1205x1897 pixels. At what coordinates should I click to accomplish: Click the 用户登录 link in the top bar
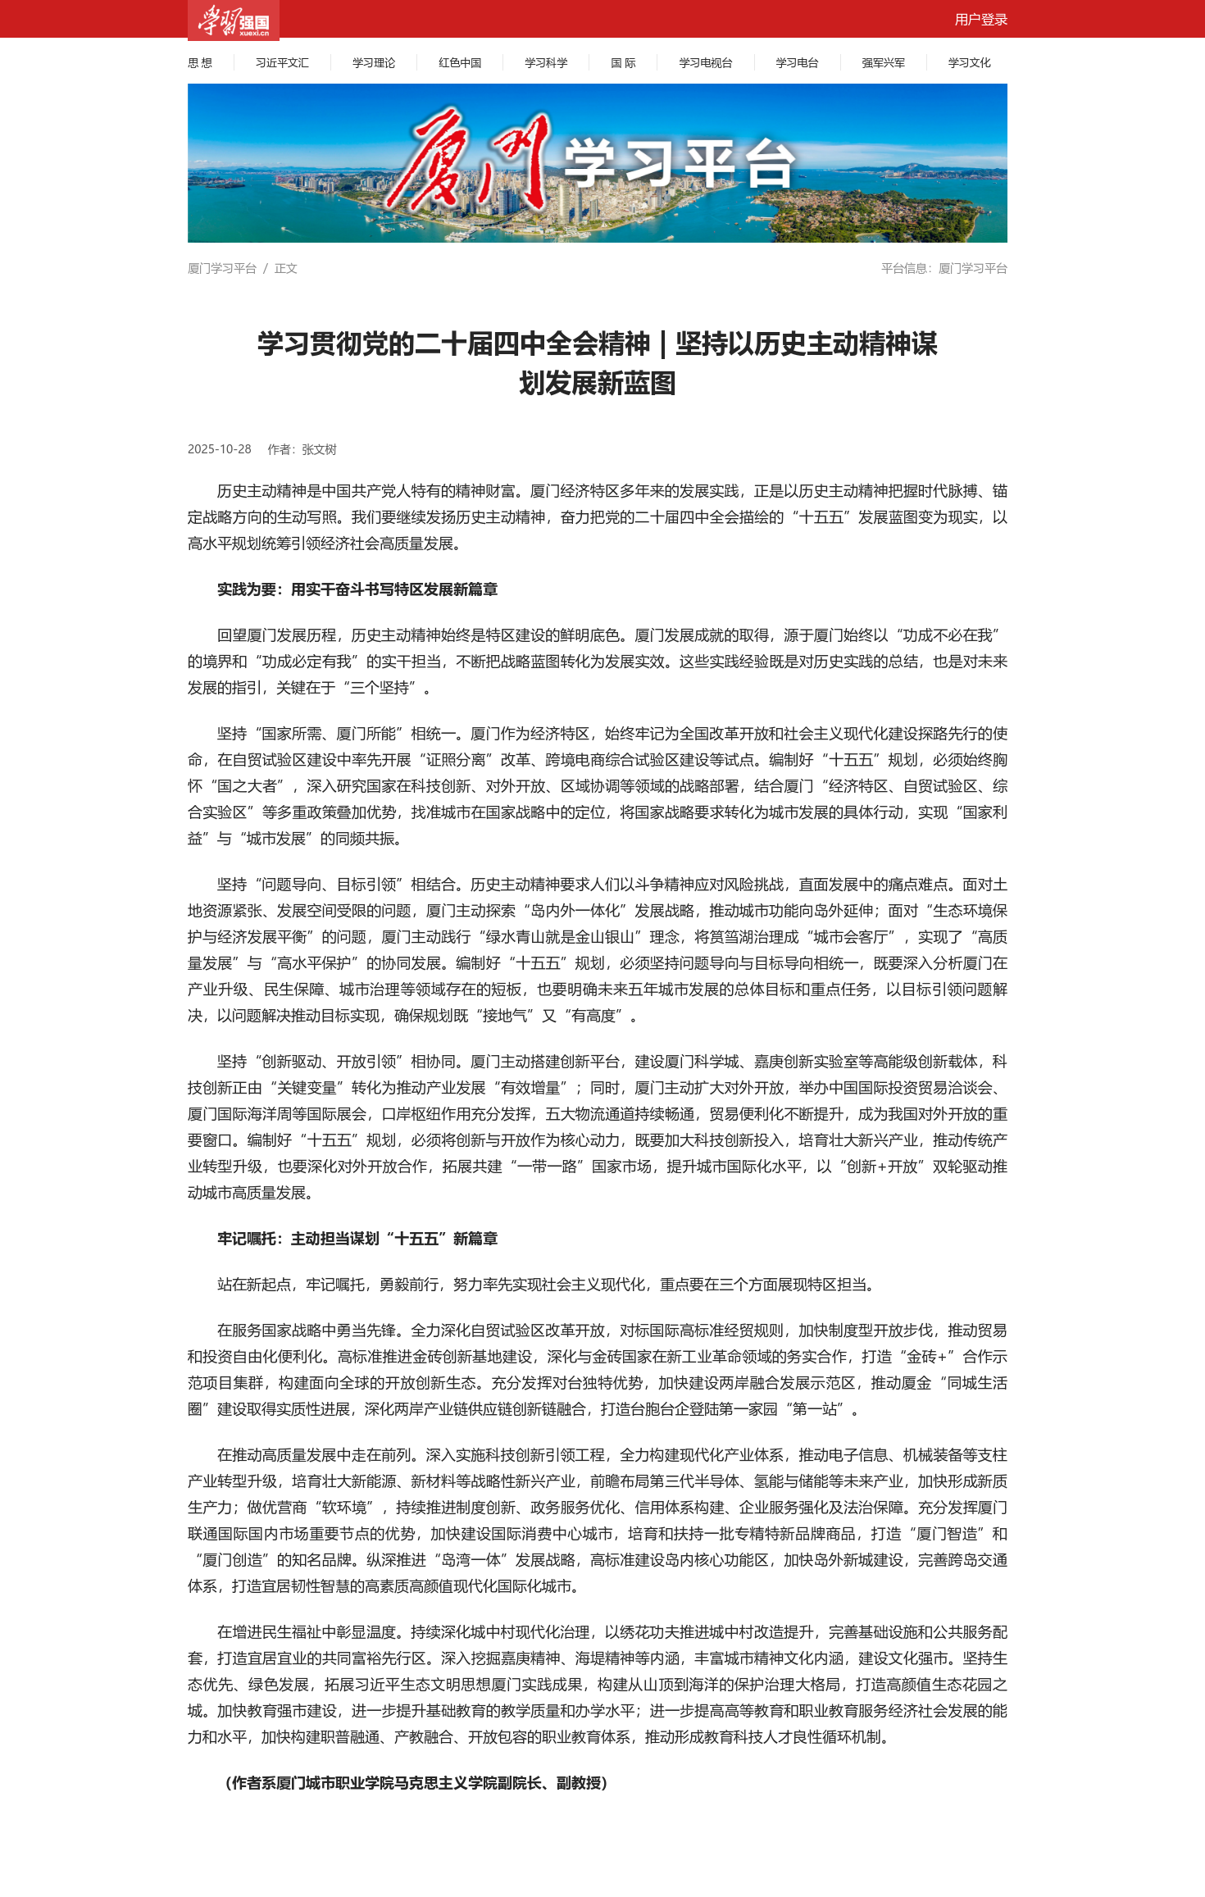980,20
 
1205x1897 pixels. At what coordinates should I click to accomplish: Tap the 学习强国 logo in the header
234,20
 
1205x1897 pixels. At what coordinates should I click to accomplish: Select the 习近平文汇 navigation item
282,63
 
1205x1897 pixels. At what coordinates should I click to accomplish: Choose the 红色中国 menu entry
460,63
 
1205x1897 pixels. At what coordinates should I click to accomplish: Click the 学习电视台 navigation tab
705,63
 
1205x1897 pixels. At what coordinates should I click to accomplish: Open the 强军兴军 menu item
883,63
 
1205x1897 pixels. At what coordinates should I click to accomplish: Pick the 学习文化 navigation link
969,63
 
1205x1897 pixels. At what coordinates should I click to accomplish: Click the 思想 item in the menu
200,63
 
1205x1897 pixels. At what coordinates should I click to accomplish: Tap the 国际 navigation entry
623,63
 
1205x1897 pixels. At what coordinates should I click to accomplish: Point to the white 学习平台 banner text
679,163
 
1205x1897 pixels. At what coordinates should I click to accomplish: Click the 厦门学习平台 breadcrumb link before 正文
222,269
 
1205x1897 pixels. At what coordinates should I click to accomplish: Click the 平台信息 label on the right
904,269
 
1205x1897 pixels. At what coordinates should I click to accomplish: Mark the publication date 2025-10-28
220,449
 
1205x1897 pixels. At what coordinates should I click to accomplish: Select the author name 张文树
319,449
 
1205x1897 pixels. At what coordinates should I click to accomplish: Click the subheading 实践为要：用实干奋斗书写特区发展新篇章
357,589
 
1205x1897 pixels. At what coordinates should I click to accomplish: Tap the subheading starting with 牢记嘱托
357,1239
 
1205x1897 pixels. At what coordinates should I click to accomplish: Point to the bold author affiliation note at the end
416,1783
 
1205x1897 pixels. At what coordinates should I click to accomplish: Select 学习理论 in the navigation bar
374,63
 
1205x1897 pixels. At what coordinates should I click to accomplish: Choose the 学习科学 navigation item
546,63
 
